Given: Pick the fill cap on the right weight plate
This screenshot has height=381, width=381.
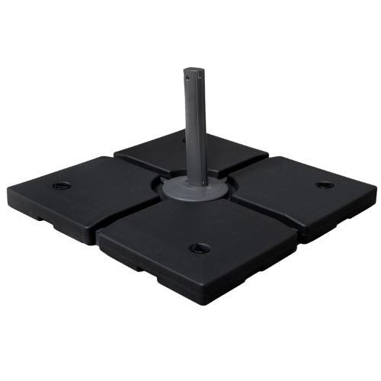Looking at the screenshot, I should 325,184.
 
